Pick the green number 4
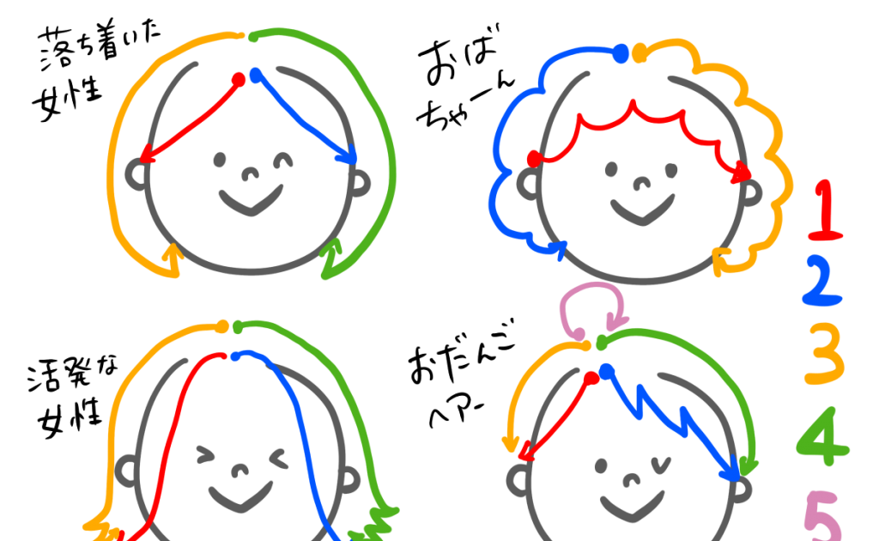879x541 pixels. (821, 436)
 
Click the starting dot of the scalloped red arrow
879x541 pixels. (533, 158)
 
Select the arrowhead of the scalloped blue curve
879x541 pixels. (560, 250)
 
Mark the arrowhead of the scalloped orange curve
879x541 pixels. (721, 258)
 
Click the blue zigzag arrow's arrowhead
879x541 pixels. (730, 471)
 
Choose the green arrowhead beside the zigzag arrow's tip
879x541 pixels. (749, 467)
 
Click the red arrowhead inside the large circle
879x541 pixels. (147, 155)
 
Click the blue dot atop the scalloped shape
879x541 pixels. (621, 53)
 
